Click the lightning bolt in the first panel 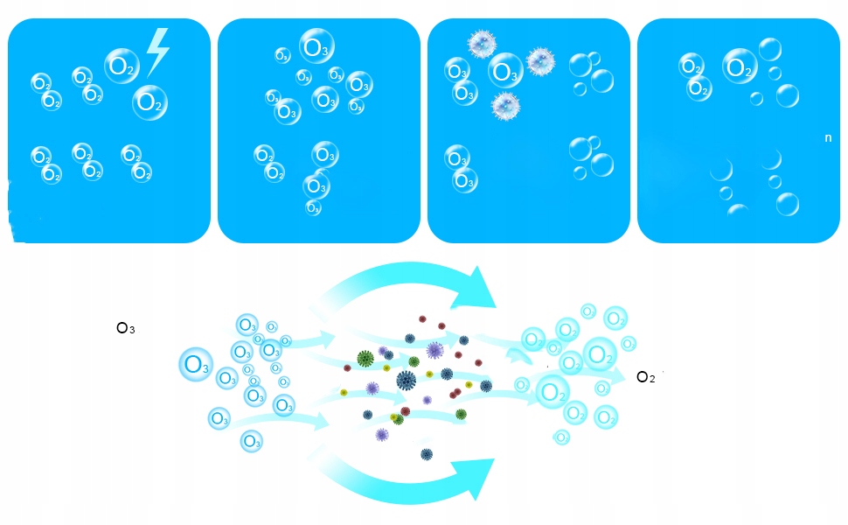[156, 50]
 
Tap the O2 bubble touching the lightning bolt [122, 65]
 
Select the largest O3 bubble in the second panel [316, 46]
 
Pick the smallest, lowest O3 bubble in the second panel [313, 208]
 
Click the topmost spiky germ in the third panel [482, 42]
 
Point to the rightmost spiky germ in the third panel [540, 61]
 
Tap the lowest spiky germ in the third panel [505, 105]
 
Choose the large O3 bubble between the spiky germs [505, 70]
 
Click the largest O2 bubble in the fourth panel [740, 66]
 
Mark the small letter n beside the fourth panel [828, 138]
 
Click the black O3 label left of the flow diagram [126, 329]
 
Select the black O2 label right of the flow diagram [645, 377]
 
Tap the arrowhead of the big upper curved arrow [478, 290]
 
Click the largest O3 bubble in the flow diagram [196, 364]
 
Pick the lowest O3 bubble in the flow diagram [251, 442]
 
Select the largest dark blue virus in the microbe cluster [406, 380]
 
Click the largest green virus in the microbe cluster [365, 357]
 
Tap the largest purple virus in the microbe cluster [434, 350]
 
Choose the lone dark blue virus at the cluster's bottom [427, 454]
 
